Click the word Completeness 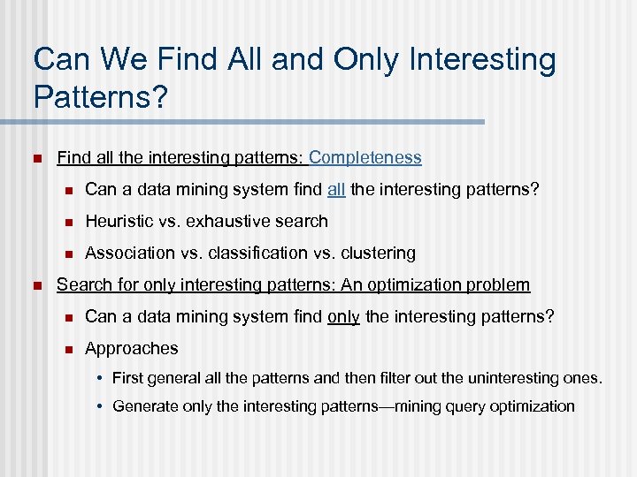click(x=365, y=158)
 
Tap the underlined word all click(x=336, y=190)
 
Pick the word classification click(x=251, y=254)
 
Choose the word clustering click(x=378, y=254)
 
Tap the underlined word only click(x=343, y=317)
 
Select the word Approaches click(x=131, y=349)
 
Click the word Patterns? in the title click(x=100, y=97)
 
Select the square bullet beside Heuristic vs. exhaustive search click(x=66, y=222)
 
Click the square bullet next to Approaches click(x=66, y=349)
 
